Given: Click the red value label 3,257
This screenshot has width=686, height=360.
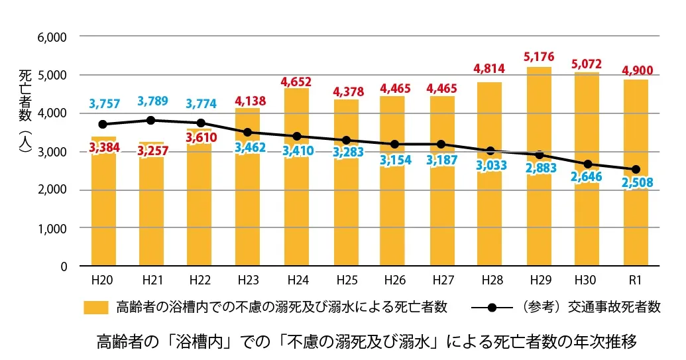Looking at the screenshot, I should [152, 150].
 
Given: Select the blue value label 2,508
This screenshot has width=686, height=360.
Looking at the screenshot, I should [636, 182].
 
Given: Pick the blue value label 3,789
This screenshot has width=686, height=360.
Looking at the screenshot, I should [152, 101].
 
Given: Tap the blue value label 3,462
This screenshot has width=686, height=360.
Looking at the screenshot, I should [248, 147].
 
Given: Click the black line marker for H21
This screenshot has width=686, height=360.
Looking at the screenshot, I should [151, 120].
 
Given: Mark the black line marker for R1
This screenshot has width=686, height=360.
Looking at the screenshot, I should [636, 169].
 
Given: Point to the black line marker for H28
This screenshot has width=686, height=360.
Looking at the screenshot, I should [490, 151].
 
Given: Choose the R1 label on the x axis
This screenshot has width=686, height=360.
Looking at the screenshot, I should [636, 280].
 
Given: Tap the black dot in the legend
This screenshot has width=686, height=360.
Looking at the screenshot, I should [492, 308].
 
